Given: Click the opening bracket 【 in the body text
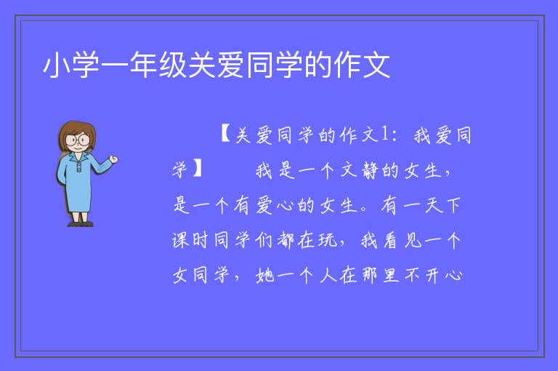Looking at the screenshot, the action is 226,135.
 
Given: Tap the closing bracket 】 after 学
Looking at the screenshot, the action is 198,169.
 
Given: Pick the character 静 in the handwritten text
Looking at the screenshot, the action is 371,169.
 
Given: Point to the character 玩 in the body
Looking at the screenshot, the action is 328,240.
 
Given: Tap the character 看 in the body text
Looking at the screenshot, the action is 390,240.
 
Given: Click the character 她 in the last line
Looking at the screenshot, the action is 265,275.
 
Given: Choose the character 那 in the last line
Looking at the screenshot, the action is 369,275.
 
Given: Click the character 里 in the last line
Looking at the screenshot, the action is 391,275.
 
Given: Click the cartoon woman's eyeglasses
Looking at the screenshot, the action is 78,140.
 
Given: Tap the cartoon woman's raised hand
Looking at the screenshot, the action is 114,159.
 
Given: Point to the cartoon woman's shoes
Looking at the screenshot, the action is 81,224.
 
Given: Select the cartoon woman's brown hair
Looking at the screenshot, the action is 76,127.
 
